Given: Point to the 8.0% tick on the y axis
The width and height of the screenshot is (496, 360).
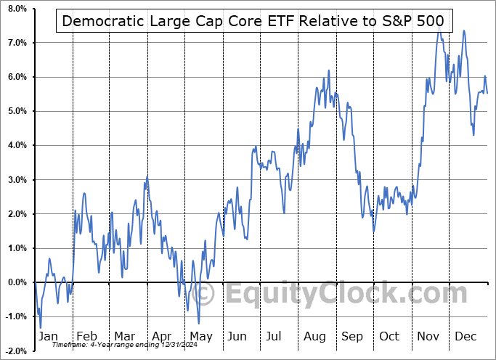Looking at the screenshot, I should click(x=16, y=9).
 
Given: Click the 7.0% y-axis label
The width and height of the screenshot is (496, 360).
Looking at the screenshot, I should click(x=16, y=43).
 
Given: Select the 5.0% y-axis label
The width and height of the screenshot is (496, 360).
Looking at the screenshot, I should click(x=16, y=111).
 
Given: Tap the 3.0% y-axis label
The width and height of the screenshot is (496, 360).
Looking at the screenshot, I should click(x=16, y=180).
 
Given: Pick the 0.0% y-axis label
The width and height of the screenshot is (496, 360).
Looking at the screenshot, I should click(x=16, y=283).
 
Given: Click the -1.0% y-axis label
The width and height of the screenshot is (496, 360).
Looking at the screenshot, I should click(x=15, y=317).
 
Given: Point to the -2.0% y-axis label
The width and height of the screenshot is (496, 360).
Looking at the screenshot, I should click(x=15, y=351).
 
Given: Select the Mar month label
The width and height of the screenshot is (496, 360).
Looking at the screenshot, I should click(x=125, y=336).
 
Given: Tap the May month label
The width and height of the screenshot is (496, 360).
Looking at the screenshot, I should click(x=200, y=336).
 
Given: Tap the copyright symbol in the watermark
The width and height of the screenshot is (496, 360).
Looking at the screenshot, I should click(x=205, y=294).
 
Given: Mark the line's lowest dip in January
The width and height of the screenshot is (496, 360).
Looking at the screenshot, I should click(x=41, y=328).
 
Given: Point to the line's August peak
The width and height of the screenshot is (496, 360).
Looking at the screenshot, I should click(x=328, y=70).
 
